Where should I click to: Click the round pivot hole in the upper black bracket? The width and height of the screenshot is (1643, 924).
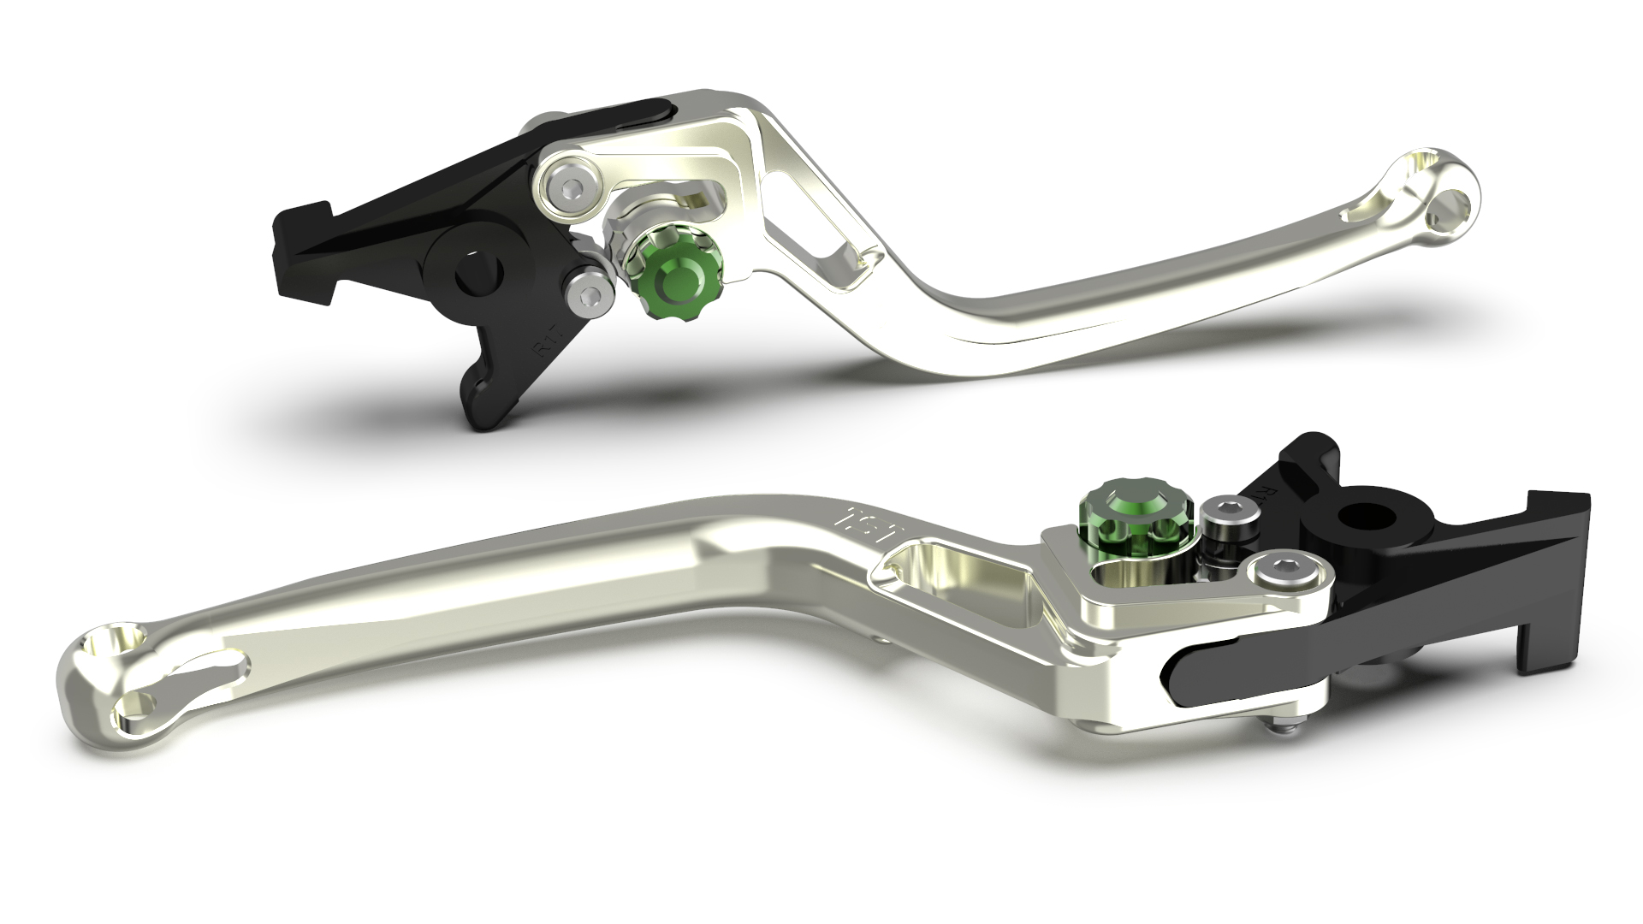(x=471, y=275)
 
